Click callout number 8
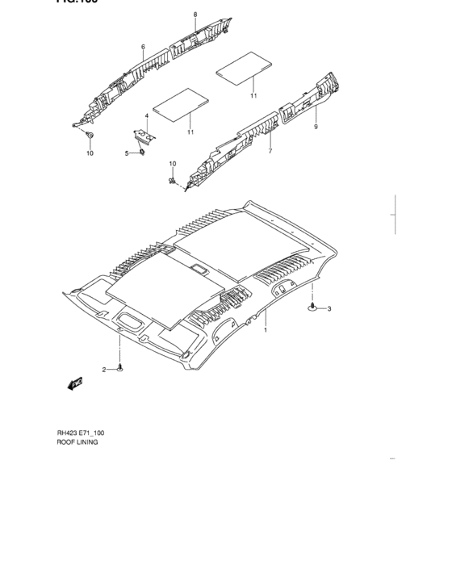[x=195, y=15]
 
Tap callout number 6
[x=143, y=47]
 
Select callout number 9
[x=316, y=128]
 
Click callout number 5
[x=127, y=153]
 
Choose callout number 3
[x=329, y=308]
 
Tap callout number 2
[x=103, y=369]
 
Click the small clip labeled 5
[x=143, y=153]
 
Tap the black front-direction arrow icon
[x=75, y=383]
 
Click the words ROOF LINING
[x=77, y=442]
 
